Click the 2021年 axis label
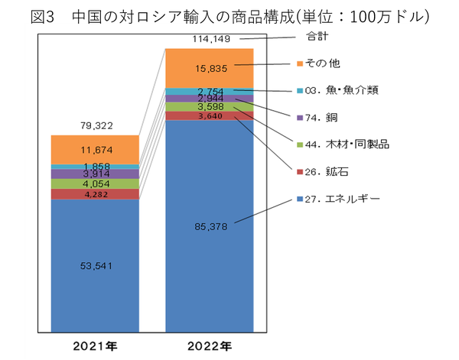95,345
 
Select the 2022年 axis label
210,345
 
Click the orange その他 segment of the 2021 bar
95,149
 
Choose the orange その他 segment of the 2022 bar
210,67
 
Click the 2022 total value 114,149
210,37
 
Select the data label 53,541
95,266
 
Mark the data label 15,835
210,67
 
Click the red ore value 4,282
95,194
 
